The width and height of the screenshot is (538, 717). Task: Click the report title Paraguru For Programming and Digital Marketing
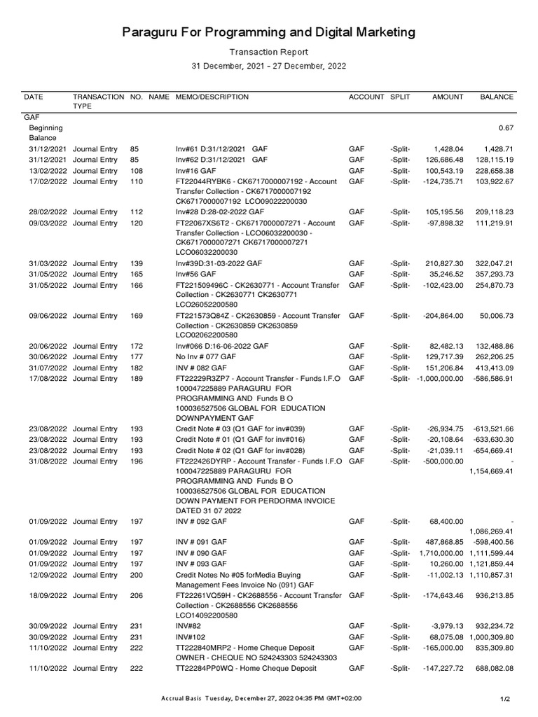click(x=269, y=32)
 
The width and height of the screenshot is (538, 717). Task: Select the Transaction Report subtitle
click(x=269, y=52)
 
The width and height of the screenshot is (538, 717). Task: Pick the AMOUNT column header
click(x=448, y=97)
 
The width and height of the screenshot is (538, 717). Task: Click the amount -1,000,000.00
click(x=439, y=379)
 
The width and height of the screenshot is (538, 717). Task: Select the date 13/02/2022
click(x=47, y=171)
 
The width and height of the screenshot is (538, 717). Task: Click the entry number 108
click(x=137, y=171)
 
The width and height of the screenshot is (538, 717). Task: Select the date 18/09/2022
click(x=47, y=595)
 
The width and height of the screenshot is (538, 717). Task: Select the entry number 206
click(x=137, y=595)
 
